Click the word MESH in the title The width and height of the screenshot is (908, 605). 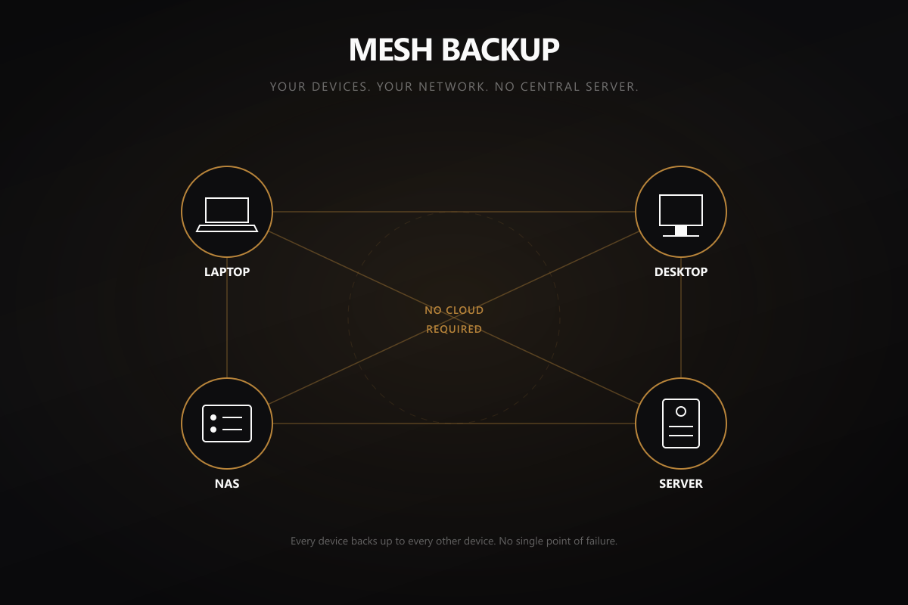point(390,50)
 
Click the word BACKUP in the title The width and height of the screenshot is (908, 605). point(500,50)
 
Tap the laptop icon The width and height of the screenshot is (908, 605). point(227,215)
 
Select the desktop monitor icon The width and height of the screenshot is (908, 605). point(681,216)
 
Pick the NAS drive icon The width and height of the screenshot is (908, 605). point(227,423)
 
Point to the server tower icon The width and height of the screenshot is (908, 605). point(681,423)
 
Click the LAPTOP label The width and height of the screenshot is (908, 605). point(227,272)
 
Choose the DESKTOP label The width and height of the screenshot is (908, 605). point(681,272)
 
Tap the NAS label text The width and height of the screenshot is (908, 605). point(227,484)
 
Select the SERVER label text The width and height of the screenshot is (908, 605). point(681,484)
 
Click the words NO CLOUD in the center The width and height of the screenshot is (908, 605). point(454,310)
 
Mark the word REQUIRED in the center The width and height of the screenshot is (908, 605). point(454,329)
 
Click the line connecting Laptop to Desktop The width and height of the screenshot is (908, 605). point(454,212)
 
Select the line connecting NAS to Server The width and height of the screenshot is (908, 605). point(454,423)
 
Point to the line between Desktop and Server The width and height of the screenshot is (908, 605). point(681,318)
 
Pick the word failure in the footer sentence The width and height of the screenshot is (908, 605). point(602,541)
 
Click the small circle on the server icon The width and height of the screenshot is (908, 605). point(681,411)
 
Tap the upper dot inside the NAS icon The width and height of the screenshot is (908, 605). point(213,417)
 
